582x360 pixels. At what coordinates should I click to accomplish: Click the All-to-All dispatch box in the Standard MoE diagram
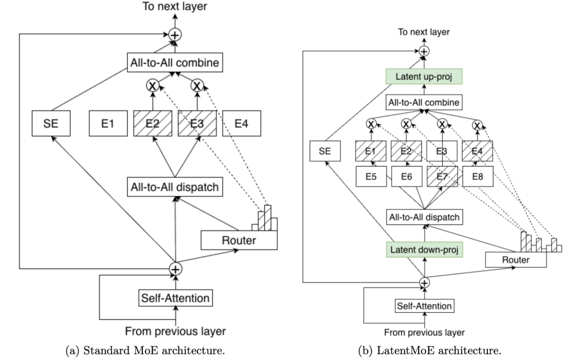(x=175, y=186)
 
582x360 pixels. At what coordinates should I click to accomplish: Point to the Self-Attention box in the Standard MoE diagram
(x=175, y=296)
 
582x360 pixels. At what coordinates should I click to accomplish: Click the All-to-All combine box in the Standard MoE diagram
(x=175, y=63)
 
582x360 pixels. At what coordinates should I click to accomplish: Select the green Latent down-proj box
(x=425, y=249)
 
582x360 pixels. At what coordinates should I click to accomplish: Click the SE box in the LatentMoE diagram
(x=325, y=152)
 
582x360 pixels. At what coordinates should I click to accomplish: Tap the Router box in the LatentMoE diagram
(x=516, y=260)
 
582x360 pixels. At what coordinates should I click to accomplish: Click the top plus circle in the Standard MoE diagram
(x=175, y=35)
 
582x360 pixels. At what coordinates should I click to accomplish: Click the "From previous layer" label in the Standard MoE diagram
(x=175, y=331)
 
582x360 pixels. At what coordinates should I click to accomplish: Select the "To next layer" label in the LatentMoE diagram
(x=424, y=33)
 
